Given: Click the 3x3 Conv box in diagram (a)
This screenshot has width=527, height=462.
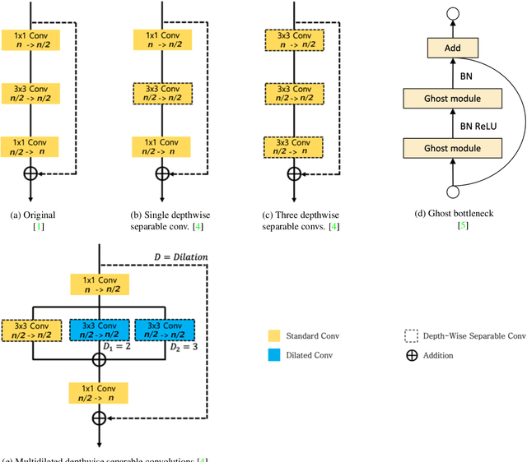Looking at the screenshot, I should click(30, 93).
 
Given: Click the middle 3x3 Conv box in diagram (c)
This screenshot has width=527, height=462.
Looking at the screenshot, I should click(294, 93).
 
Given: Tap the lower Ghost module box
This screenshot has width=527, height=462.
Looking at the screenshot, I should click(451, 148).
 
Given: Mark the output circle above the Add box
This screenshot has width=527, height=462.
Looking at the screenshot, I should click(451, 14).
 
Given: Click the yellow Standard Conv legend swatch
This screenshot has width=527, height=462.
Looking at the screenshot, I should click(274, 335).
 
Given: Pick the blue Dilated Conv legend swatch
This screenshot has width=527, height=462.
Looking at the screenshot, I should click(274, 355).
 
